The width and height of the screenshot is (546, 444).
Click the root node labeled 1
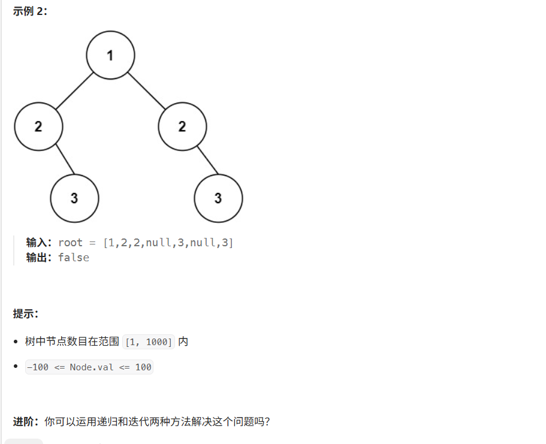pyautogui.click(x=110, y=55)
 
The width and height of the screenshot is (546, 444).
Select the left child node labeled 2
pyautogui.click(x=38, y=126)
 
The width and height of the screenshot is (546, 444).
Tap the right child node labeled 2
pyautogui.click(x=182, y=126)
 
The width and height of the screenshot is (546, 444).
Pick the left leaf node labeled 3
pyautogui.click(x=74, y=198)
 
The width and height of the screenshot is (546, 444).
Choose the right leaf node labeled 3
pyautogui.click(x=218, y=198)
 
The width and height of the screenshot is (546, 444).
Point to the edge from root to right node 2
pyautogui.click(x=146, y=91)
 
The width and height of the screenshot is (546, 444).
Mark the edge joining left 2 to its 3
pyautogui.click(x=65, y=159)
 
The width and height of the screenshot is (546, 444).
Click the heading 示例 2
pyautogui.click(x=30, y=11)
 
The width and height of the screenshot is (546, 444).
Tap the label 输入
pyautogui.click(x=40, y=243)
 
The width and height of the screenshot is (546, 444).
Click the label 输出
pyautogui.click(x=40, y=258)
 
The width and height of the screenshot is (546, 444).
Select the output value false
pyautogui.click(x=74, y=258)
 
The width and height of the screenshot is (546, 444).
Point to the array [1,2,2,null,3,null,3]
pyautogui.click(x=168, y=243)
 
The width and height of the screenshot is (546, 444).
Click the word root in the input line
pyautogui.click(x=70, y=243)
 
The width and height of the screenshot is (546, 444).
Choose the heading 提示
pyautogui.click(x=26, y=313)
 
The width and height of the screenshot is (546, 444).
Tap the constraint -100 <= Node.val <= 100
pyautogui.click(x=89, y=367)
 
